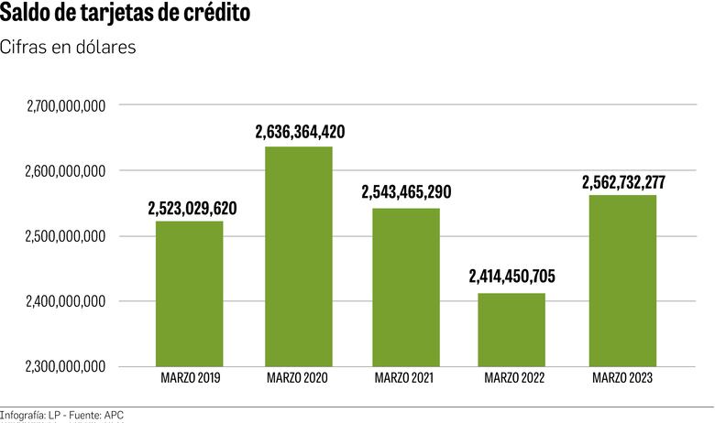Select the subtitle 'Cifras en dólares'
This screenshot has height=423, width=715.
tap(69, 48)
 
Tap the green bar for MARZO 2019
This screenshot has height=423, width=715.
tap(189, 293)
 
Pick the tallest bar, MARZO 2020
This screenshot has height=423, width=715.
tap(299, 256)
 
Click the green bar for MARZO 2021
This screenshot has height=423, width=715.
tap(406, 287)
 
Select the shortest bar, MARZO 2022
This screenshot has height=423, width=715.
tap(513, 329)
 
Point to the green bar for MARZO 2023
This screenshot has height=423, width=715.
tap(622, 280)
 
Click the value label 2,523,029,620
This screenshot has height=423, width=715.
tap(192, 208)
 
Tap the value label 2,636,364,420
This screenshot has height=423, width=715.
tap(300, 133)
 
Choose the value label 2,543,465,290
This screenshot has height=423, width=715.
tap(407, 193)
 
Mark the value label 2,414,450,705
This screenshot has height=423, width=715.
tap(512, 277)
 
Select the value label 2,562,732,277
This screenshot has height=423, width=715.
tap(623, 181)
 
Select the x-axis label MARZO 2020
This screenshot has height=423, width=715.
tap(297, 377)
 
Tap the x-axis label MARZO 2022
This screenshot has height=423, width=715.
tap(514, 377)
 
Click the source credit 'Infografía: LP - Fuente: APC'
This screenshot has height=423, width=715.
tap(62, 415)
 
